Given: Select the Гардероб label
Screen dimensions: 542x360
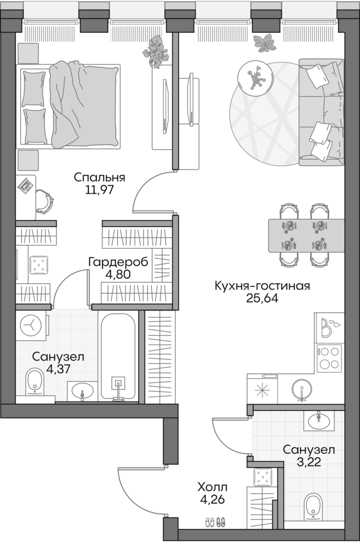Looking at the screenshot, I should [118, 262].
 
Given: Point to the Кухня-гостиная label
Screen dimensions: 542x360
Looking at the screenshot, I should [262, 286].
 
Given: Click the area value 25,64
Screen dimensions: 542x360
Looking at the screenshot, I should [262, 298].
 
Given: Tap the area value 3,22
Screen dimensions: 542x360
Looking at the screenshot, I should [309, 461].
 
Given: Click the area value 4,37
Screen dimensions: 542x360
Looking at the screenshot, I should [58, 369].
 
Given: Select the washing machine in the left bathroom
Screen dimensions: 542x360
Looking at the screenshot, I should [32, 324].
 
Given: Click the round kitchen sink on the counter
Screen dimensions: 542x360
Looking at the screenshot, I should [302, 389].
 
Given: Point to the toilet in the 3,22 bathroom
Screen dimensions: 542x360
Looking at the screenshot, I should [314, 507].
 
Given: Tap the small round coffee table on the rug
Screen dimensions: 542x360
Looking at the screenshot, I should [256, 77].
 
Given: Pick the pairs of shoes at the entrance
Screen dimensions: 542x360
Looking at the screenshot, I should [215, 522].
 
